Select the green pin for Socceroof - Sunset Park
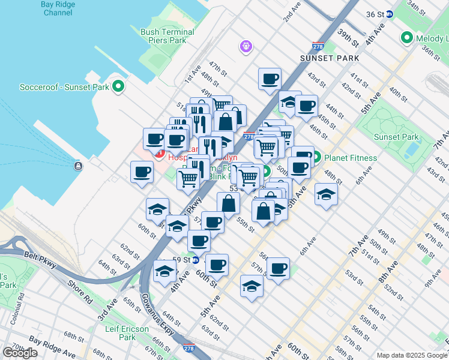pyautogui.click(x=118, y=86)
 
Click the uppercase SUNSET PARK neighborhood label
pyautogui.click(x=330, y=58)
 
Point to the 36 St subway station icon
pyautogui.click(x=389, y=14)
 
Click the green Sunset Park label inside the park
pyautogui.click(x=396, y=137)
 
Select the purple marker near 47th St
pyautogui.click(x=245, y=46)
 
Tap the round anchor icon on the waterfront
pyautogui.click(x=77, y=166)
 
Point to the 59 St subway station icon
pyautogui.click(x=196, y=260)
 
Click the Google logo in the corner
pyautogui.click(x=20, y=353)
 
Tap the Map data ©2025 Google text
pyautogui.click(x=412, y=355)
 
